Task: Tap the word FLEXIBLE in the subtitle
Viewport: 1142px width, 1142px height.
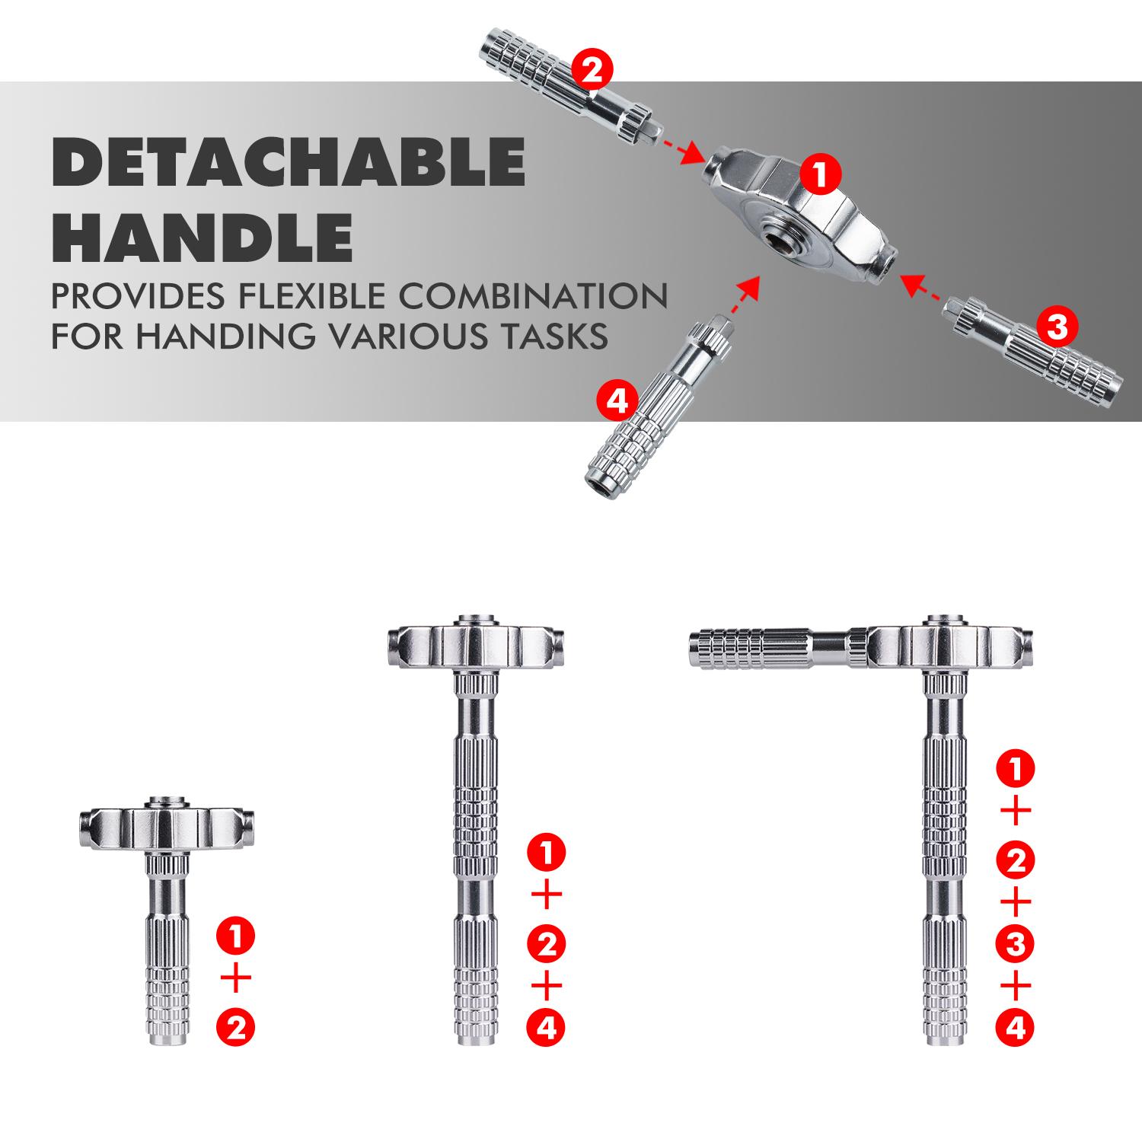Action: coord(308,297)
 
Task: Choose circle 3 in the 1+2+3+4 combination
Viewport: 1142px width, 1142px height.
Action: coord(1015,945)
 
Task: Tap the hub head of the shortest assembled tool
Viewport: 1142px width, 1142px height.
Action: coord(166,826)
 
